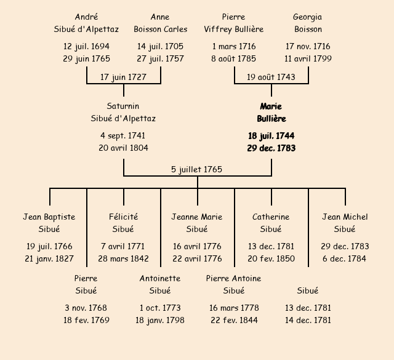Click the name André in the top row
click(x=86, y=17)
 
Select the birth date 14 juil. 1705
click(x=160, y=46)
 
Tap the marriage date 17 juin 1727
click(x=124, y=77)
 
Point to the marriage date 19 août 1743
click(x=271, y=77)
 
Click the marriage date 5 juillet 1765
click(x=197, y=169)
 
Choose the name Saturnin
click(x=123, y=106)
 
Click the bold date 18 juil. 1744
click(x=271, y=135)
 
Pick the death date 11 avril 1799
click(x=308, y=58)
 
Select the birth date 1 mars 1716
click(x=234, y=46)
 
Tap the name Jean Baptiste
click(x=49, y=217)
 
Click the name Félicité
click(x=123, y=217)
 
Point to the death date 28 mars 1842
click(x=123, y=258)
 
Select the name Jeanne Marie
click(x=197, y=217)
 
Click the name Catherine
click(x=271, y=217)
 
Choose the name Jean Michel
click(x=345, y=217)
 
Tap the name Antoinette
click(x=160, y=278)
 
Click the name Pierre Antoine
click(x=234, y=278)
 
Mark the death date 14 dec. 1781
click(x=308, y=320)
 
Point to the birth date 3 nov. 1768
click(x=86, y=308)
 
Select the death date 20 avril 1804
click(x=123, y=148)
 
